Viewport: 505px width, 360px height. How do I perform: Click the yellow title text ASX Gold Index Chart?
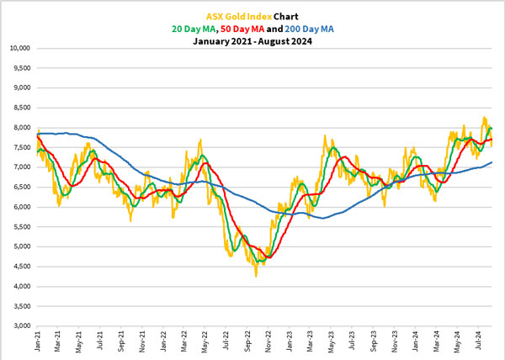pyautogui.click(x=252, y=15)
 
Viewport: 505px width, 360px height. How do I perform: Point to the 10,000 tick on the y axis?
pyautogui.click(x=19, y=48)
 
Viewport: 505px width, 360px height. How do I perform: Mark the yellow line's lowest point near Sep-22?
pyautogui.click(x=256, y=275)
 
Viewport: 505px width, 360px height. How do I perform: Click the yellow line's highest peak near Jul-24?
pyautogui.click(x=484, y=117)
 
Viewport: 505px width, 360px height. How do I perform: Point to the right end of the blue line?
pyautogui.click(x=492, y=162)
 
